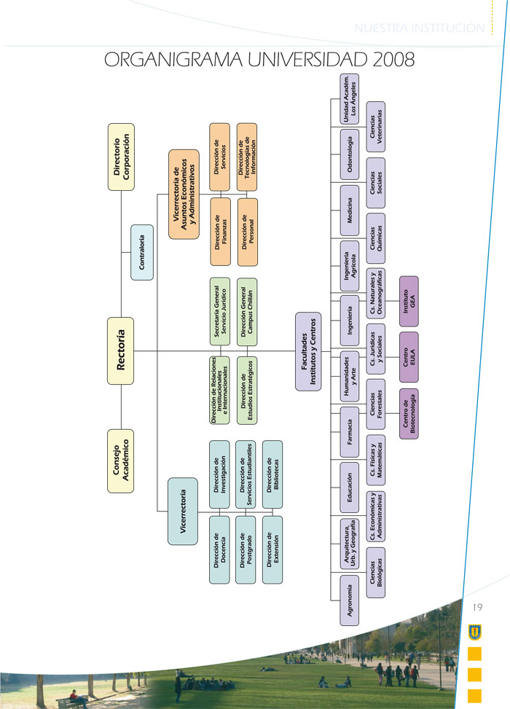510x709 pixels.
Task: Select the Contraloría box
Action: (x=141, y=253)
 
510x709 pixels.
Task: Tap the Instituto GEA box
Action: (x=409, y=299)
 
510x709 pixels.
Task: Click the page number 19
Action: (x=478, y=607)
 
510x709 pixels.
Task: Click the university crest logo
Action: (x=475, y=627)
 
